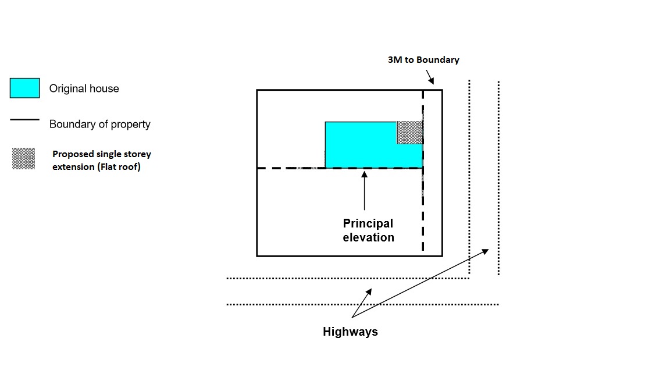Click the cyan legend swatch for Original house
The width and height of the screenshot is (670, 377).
click(25, 88)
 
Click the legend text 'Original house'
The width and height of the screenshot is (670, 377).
click(84, 89)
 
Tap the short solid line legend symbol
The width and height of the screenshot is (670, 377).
click(24, 120)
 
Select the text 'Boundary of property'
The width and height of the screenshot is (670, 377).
click(99, 125)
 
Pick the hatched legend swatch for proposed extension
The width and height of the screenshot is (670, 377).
click(24, 159)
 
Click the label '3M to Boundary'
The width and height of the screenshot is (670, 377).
click(423, 60)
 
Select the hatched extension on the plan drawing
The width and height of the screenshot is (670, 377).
click(409, 132)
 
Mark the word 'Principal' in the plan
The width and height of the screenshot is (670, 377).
click(368, 224)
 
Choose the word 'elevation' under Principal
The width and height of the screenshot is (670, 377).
click(368, 237)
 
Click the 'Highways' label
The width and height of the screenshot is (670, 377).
click(350, 332)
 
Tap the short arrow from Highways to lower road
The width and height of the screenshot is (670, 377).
click(361, 301)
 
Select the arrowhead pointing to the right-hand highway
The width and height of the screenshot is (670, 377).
click(486, 251)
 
